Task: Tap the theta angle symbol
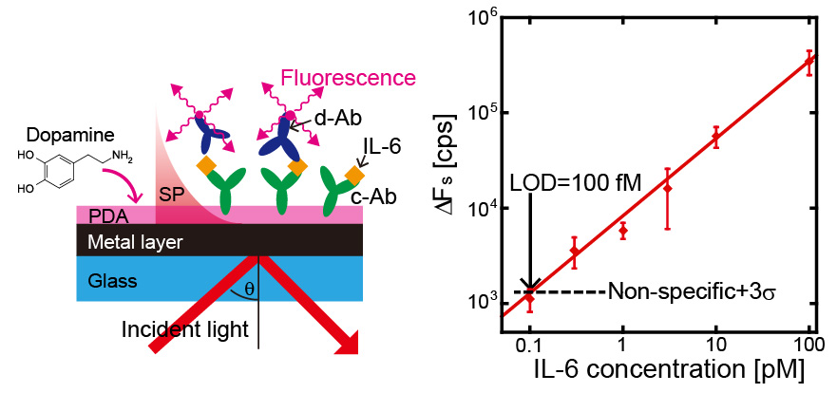click(x=249, y=287)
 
